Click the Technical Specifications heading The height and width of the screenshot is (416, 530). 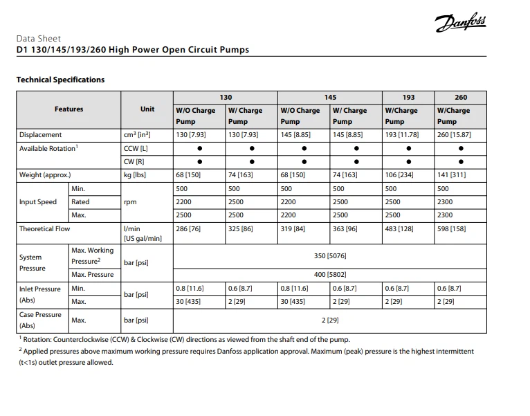click(60, 80)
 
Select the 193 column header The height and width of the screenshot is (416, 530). click(408, 98)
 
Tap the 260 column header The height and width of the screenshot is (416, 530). click(461, 98)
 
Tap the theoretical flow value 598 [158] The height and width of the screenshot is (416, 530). click(451, 228)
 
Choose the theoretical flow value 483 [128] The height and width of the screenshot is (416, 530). click(399, 228)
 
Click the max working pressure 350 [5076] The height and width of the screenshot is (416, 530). click(329, 256)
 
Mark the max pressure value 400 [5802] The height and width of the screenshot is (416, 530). click(329, 275)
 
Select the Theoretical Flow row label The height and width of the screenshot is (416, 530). click(45, 228)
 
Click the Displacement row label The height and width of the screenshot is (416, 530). click(40, 135)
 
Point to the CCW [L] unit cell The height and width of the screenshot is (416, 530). click(135, 148)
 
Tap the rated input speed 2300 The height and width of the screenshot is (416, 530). click(445, 202)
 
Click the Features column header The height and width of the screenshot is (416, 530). click(68, 109)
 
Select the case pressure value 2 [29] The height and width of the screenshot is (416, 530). click(329, 320)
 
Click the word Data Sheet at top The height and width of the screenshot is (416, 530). click(39, 39)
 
